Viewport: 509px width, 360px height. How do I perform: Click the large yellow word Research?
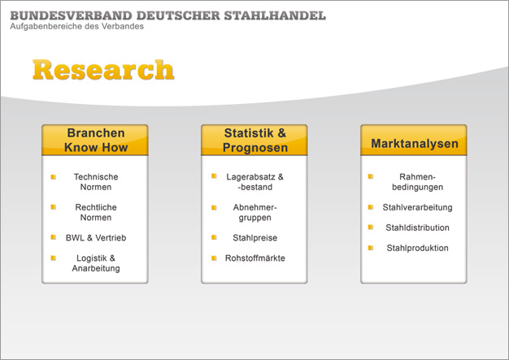click(103, 69)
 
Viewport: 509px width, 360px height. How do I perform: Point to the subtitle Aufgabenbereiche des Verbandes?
click(76, 26)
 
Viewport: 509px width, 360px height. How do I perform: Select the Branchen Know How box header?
click(95, 140)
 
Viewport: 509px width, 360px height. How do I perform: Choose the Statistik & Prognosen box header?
click(254, 140)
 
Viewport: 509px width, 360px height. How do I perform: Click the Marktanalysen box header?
click(414, 140)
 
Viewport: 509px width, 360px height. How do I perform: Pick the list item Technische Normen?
click(96, 182)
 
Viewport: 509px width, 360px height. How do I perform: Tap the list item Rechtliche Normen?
click(96, 212)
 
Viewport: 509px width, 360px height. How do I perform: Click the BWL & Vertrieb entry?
click(96, 238)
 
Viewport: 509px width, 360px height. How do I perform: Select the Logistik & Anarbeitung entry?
click(96, 263)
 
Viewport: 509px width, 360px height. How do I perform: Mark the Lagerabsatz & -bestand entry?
click(254, 182)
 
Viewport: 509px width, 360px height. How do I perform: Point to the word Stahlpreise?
click(254, 238)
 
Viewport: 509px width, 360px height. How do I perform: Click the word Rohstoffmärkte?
click(254, 258)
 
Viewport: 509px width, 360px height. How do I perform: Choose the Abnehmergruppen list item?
click(254, 212)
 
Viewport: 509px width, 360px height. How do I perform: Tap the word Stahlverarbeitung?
click(417, 207)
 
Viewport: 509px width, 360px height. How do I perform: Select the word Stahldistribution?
click(417, 228)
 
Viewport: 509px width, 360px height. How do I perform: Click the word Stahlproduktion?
click(417, 248)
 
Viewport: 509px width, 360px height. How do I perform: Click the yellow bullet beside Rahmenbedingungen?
click(371, 177)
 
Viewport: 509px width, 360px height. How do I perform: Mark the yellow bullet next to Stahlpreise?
click(214, 237)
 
